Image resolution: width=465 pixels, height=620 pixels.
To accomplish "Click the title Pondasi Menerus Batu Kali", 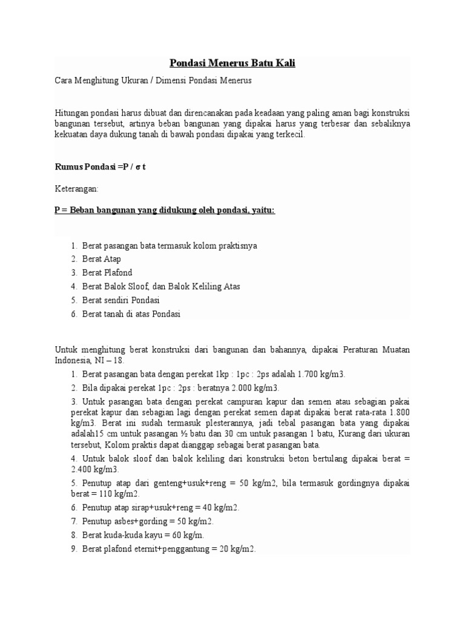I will pyautogui.click(x=231, y=63).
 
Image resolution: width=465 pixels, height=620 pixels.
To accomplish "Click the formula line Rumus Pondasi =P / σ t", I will pyautogui.click(x=101, y=167).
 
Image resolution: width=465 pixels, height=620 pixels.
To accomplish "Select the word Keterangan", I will pyautogui.click(x=76, y=188).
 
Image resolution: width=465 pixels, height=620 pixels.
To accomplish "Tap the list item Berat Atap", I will pyautogui.click(x=102, y=259).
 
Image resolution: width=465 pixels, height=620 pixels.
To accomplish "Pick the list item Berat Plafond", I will pyautogui.click(x=107, y=272).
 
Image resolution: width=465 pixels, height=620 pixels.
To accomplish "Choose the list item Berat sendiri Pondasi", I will pyautogui.click(x=120, y=300).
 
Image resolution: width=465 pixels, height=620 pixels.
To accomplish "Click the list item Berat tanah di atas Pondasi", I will pyautogui.click(x=131, y=314).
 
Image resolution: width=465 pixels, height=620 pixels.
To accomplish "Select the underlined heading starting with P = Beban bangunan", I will pyautogui.click(x=165, y=210).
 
